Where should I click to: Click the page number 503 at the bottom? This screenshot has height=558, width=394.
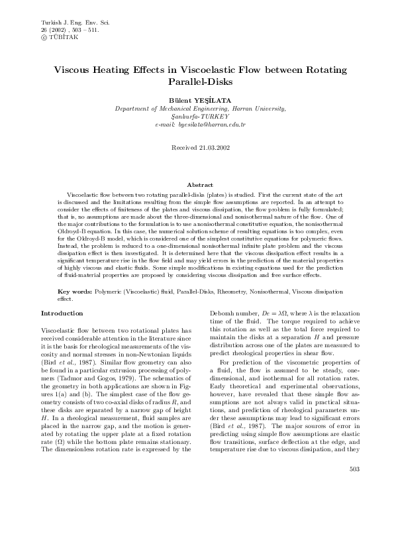(353, 526)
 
